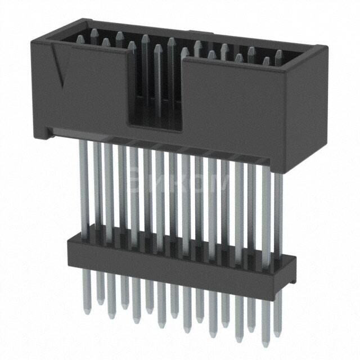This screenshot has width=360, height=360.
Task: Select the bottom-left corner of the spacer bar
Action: point(69,265)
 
